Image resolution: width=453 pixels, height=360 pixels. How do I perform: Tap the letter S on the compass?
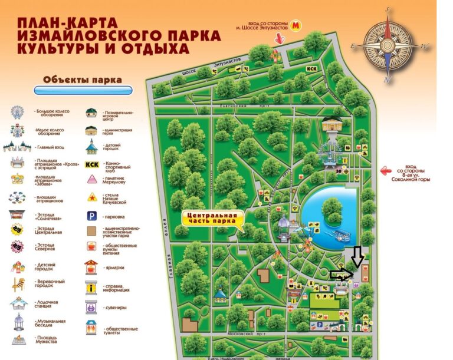coord(388,10)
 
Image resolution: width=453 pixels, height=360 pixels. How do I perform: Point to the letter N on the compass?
coord(387,80)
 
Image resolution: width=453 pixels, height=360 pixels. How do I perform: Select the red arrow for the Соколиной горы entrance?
coord(386,171)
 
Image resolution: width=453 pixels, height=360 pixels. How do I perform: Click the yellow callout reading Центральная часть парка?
coord(211,219)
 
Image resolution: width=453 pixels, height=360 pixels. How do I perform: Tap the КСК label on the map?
coord(312,69)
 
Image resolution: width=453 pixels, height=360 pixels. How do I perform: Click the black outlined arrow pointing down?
coord(356,256)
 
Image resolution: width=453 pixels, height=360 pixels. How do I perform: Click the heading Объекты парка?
coord(83,80)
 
